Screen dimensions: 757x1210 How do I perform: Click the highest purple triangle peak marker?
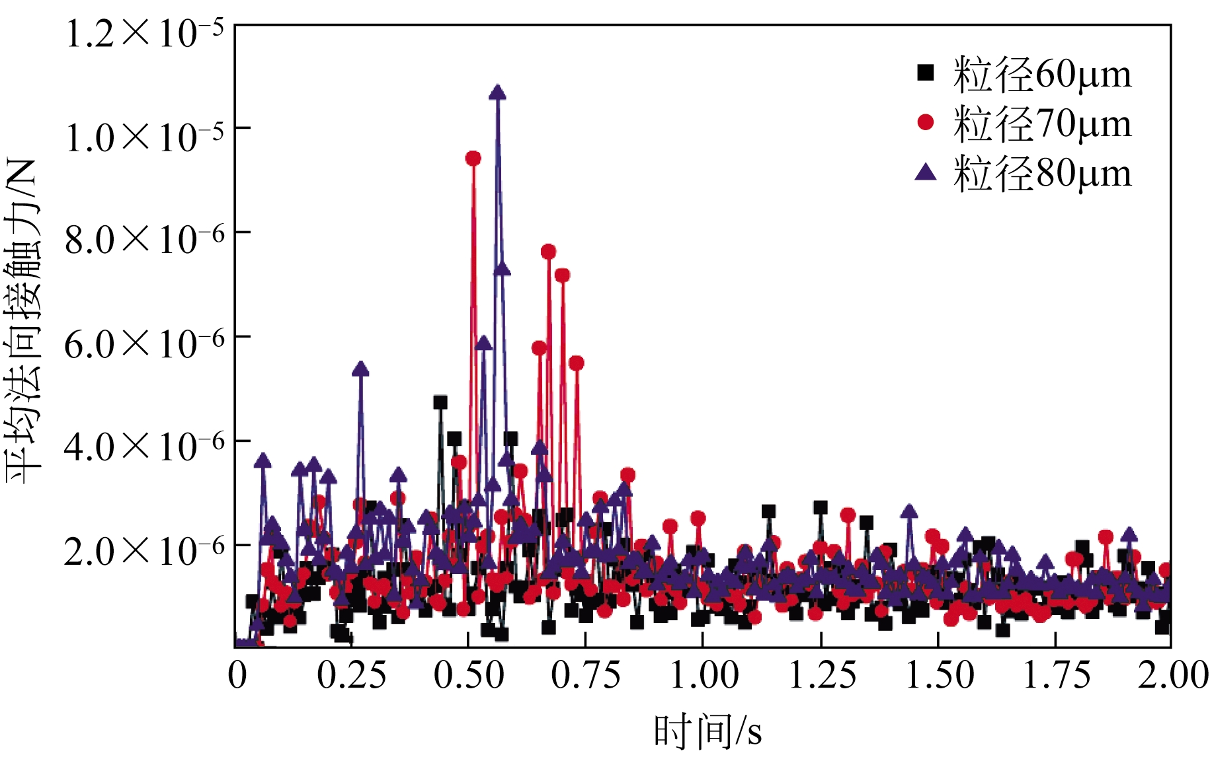498,93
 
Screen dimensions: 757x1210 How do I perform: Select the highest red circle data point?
473,159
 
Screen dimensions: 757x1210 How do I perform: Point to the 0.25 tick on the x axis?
351,675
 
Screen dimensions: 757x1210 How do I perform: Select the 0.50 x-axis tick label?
469,675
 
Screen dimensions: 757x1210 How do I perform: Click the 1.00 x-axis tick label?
704,675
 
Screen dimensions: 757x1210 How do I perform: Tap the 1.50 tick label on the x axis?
939,675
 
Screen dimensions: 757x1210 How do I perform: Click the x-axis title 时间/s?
707,732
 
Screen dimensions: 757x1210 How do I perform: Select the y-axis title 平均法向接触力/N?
22,322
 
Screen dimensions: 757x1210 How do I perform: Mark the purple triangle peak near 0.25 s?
360,369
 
